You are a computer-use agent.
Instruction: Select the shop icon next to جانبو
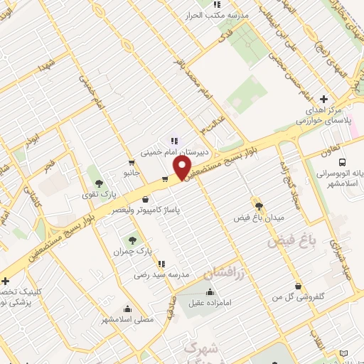tap(131, 163)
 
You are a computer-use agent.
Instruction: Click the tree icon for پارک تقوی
tap(99, 183)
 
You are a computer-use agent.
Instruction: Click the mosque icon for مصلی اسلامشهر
tap(127, 309)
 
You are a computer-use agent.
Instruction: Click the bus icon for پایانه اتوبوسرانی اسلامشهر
tap(343, 161)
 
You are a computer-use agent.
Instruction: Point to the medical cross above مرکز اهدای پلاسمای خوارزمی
tap(323, 99)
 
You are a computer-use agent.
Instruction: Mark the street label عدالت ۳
tap(213, 123)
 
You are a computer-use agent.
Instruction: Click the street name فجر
tap(50, 168)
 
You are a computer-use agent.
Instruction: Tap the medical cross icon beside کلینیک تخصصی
tap(6, 281)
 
